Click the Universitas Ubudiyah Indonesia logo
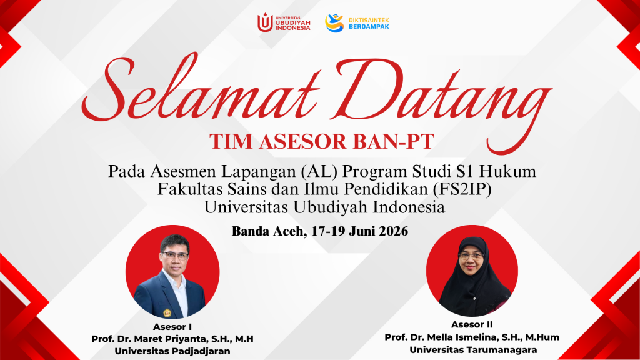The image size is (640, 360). pos(284,22)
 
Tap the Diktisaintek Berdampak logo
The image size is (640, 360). pos(357,23)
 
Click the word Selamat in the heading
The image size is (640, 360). pos(200,87)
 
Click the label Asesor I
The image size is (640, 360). pos(172,327)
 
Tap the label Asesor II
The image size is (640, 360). pos(472,325)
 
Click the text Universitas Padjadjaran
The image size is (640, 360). pos(172,351)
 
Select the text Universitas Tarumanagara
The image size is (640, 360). pos(473,350)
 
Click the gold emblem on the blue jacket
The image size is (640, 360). pos(167,313)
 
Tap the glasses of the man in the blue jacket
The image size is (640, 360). pos(176,256)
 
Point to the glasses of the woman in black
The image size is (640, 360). pos(471,256)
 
